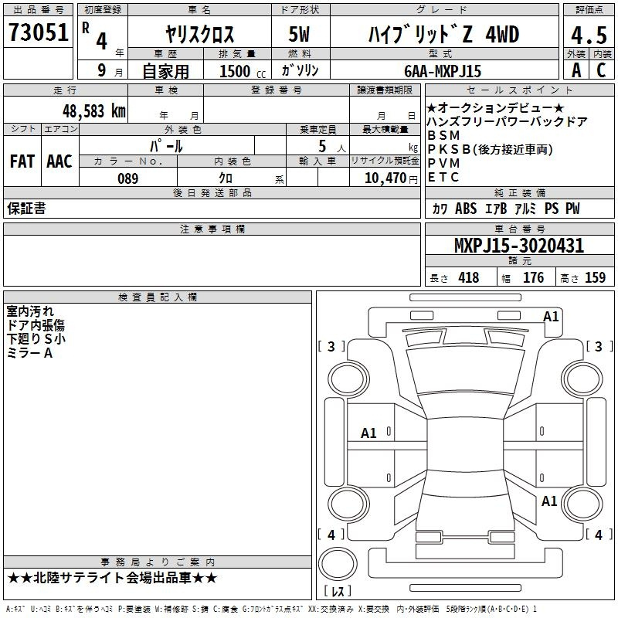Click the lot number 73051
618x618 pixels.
pyautogui.click(x=39, y=32)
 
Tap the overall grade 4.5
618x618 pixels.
pyautogui.click(x=589, y=35)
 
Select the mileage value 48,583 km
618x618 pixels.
pyautogui.click(x=93, y=111)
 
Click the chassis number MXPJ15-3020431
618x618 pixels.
pyautogui.click(x=519, y=246)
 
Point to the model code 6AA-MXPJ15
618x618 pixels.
pyautogui.click(x=443, y=71)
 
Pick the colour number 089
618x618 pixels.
pyautogui.click(x=128, y=178)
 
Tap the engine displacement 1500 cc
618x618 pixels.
pyautogui.click(x=243, y=71)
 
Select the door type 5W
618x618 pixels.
pyautogui.click(x=299, y=34)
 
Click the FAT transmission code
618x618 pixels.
pyautogui.click(x=22, y=161)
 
